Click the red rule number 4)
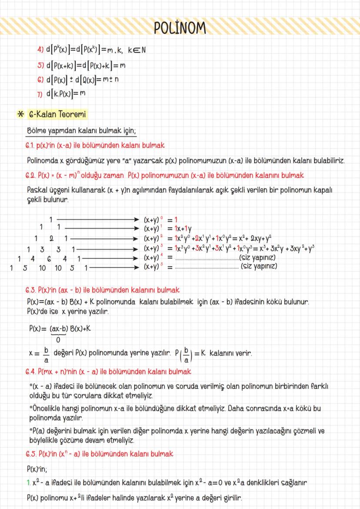coord(40,50)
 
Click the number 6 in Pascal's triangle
coord(50,258)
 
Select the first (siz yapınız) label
coord(258,258)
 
